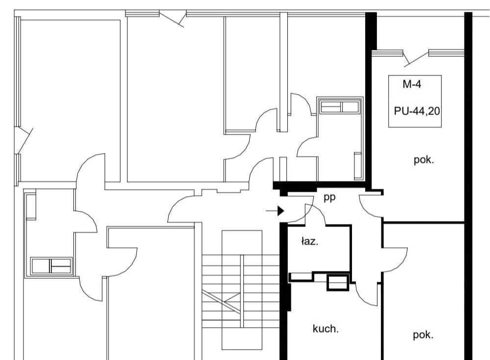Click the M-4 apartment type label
point(412,84)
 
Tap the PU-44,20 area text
point(417,111)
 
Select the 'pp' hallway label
point(329,198)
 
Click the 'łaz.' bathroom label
point(310,241)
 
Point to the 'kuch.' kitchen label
point(326,329)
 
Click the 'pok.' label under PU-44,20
point(424,160)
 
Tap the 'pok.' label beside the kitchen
point(423,335)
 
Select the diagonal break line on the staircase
point(221,302)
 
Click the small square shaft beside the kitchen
point(337,283)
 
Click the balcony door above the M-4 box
point(415,58)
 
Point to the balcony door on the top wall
point(172,19)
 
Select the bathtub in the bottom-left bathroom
point(51,266)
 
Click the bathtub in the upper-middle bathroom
point(340,107)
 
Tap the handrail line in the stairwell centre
point(241,291)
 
